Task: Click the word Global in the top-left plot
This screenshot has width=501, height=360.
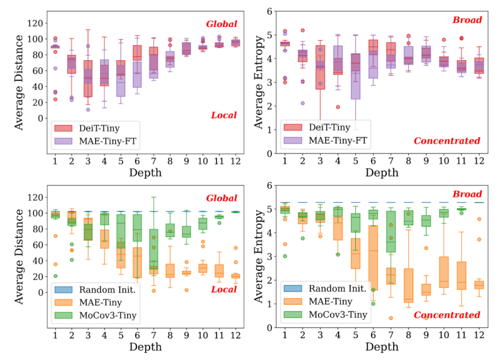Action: (221, 24)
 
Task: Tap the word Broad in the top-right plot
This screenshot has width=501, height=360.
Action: (468, 20)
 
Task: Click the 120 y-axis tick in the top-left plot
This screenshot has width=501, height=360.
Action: (36, 24)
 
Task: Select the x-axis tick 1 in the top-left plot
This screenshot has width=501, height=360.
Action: (55, 161)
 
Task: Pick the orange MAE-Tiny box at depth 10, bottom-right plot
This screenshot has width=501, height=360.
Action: (443, 272)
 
